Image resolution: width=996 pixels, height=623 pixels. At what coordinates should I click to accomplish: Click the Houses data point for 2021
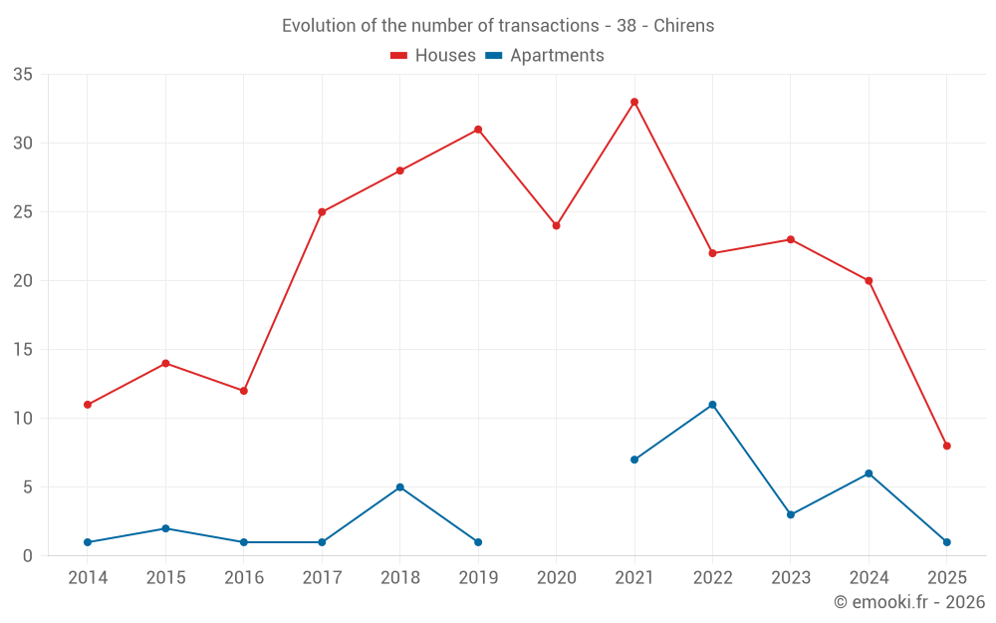(634, 102)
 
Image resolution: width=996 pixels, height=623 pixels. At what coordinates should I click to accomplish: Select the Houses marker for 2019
(478, 130)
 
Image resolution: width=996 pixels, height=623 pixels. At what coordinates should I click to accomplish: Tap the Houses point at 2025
(946, 446)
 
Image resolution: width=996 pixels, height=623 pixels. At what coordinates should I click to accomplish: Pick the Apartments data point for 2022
(712, 405)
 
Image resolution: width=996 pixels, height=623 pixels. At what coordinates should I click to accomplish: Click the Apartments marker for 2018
(400, 487)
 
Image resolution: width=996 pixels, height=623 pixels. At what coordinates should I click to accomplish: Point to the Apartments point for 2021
(634, 460)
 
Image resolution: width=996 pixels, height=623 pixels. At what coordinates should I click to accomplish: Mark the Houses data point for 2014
(88, 405)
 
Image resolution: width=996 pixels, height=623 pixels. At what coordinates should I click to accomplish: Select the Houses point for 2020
(557, 225)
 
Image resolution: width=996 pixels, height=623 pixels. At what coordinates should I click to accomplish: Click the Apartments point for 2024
(869, 473)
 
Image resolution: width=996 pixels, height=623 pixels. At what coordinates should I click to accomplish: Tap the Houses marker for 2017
(322, 212)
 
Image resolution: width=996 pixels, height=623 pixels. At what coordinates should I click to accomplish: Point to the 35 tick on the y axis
(23, 75)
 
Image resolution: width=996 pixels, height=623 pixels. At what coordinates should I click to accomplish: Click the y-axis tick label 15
(23, 350)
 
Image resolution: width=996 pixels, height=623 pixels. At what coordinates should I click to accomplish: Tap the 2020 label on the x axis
(557, 578)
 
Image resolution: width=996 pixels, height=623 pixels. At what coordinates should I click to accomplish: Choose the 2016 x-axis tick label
(244, 578)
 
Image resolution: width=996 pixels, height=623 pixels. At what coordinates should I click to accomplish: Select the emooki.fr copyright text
(908, 602)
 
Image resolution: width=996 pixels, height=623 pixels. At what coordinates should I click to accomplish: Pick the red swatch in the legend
(398, 56)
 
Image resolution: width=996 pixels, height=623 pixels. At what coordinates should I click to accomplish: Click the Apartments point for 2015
(165, 528)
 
